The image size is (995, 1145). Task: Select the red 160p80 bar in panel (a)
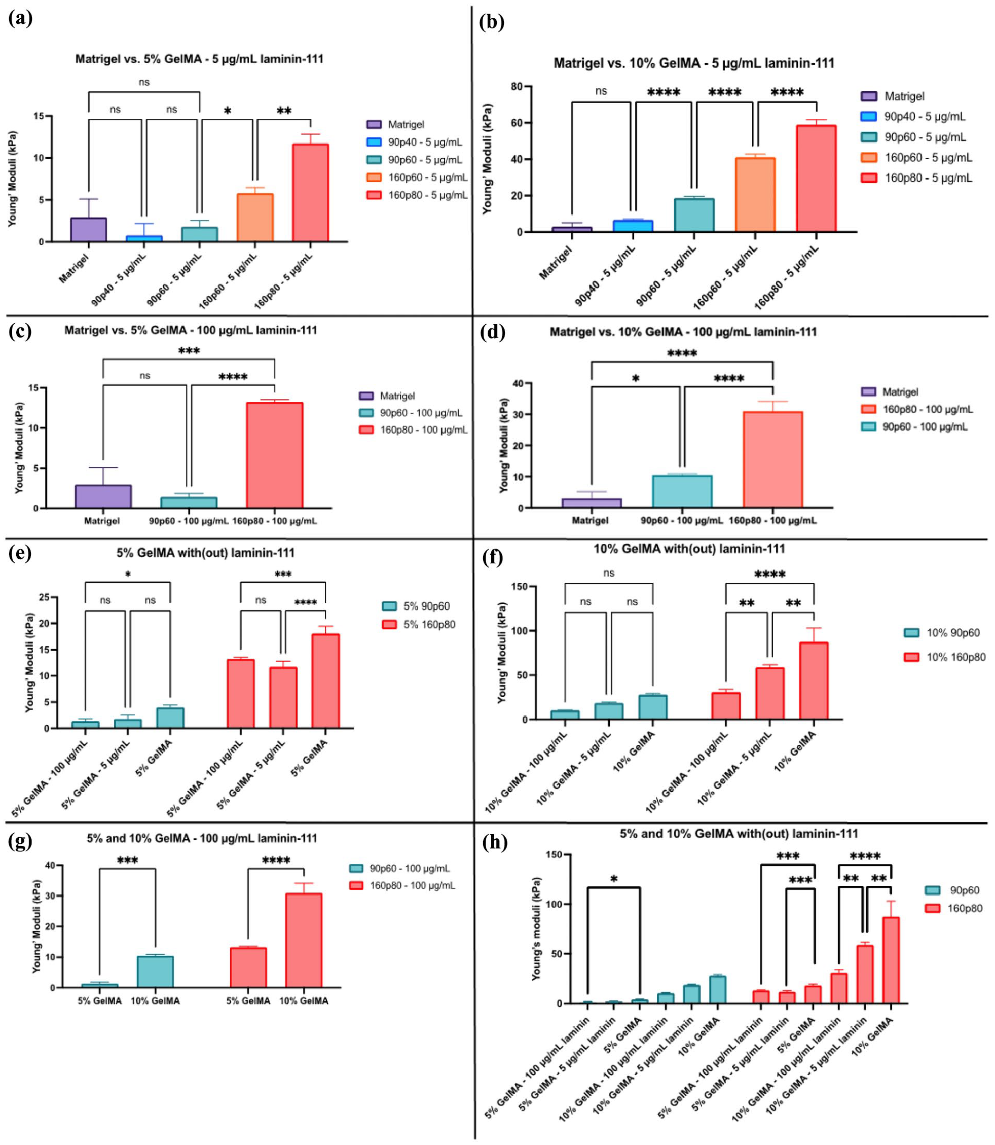tap(311, 193)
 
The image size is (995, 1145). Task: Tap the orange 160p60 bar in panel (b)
tap(755, 194)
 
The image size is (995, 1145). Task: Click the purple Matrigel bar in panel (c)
tap(103, 496)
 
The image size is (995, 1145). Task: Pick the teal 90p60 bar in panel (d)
tap(682, 491)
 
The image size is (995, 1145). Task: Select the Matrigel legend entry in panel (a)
tap(395, 124)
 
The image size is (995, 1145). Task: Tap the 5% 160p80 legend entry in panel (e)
tap(419, 624)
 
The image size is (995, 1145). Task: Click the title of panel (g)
tap(202, 838)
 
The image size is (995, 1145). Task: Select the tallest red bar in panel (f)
tap(814, 681)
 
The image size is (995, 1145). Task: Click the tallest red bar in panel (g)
tap(304, 940)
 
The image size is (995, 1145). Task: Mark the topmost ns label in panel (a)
tap(144, 82)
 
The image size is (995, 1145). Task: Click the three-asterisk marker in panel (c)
tap(189, 351)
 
